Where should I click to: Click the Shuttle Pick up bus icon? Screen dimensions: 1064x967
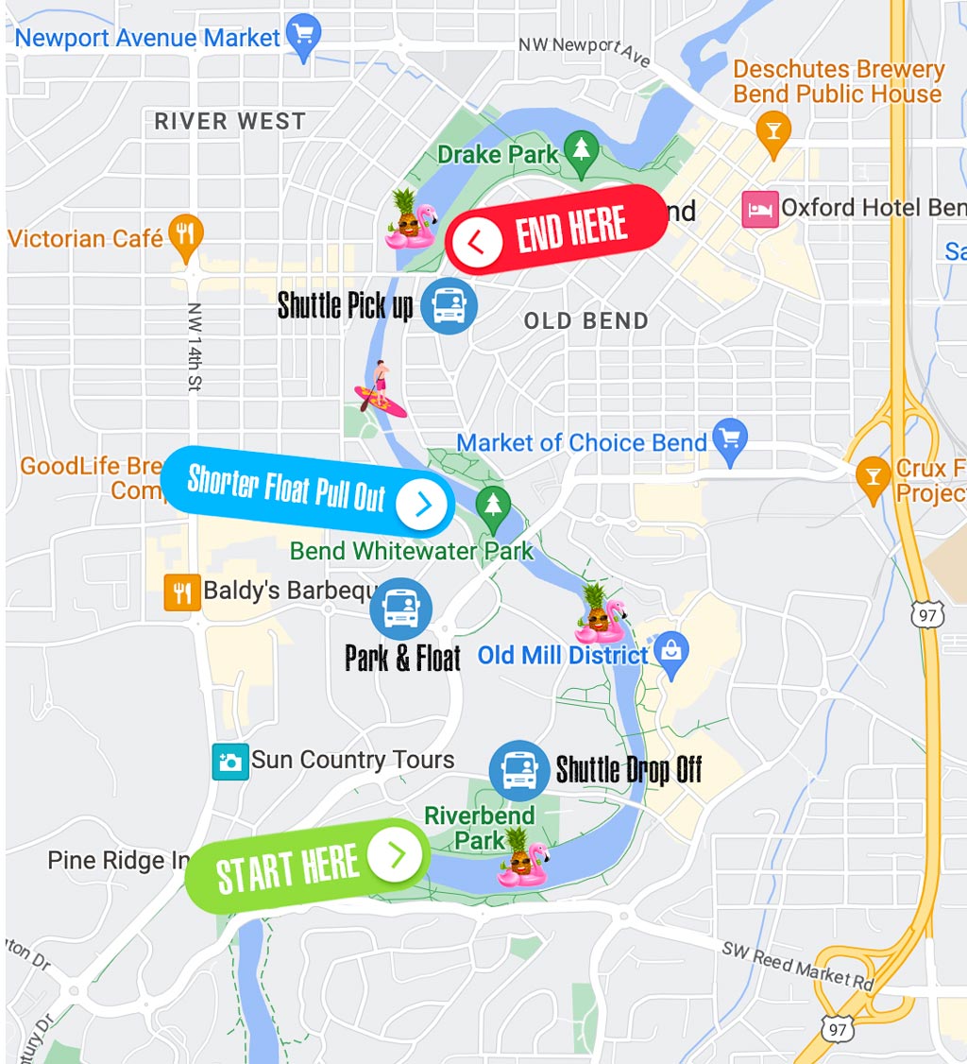[449, 305]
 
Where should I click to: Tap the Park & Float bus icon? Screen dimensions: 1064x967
[400, 609]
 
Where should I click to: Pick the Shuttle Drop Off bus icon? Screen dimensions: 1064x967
[519, 770]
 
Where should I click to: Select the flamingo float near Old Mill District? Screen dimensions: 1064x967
[601, 615]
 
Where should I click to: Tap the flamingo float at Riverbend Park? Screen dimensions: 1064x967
[522, 860]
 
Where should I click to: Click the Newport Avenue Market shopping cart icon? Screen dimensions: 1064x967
[304, 36]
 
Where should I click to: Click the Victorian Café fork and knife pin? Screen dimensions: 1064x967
[185, 233]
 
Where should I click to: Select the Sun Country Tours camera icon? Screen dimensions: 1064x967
[229, 761]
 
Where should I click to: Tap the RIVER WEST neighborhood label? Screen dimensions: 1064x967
[230, 121]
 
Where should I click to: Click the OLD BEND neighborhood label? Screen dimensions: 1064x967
[586, 321]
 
